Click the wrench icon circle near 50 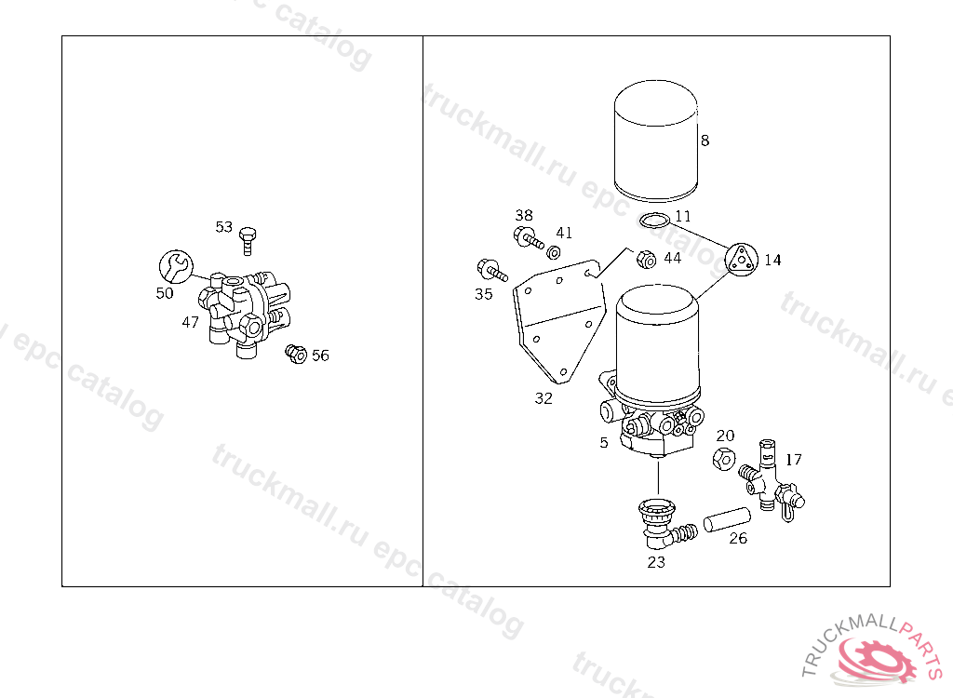[x=176, y=267]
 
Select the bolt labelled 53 [x=248, y=241]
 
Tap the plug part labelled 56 [x=296, y=354]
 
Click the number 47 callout [x=190, y=322]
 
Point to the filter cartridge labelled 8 [x=656, y=141]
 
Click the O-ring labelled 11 [x=656, y=219]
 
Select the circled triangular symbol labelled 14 [x=742, y=260]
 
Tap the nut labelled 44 [x=646, y=259]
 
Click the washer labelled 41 [x=553, y=251]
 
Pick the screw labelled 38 [x=528, y=237]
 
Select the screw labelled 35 [x=491, y=270]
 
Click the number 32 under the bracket [x=544, y=398]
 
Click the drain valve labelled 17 [x=770, y=480]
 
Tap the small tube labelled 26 [x=727, y=520]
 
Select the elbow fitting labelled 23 [x=664, y=524]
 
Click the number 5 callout [x=603, y=443]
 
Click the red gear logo [x=877, y=659]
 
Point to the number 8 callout [x=705, y=141]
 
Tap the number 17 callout [x=794, y=460]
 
